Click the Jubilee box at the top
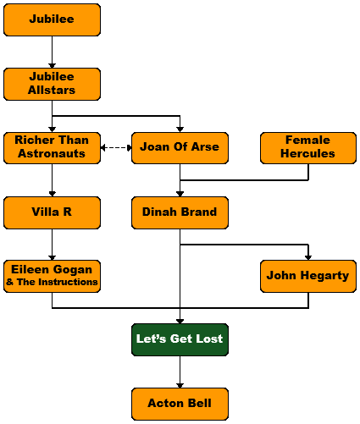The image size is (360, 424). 52,19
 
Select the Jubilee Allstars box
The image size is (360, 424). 52,84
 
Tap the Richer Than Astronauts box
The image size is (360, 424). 52,148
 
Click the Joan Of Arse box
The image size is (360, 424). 180,148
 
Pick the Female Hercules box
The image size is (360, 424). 308,148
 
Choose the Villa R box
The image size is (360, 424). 52,212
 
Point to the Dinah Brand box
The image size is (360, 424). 180,212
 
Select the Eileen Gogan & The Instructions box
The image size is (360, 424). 52,276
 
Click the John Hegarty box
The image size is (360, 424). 308,276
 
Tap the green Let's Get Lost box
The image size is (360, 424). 180,339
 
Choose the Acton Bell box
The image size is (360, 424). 180,404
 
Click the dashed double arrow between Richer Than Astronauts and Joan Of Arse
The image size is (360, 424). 116,147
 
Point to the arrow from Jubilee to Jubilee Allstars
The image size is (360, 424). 52,52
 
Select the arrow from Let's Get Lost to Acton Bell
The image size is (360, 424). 180,372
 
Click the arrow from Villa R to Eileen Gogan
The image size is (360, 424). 52,245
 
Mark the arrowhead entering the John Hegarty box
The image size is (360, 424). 308,257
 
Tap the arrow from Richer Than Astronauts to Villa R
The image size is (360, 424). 52,180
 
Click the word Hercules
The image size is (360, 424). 307,154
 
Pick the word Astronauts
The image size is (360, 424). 52,154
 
